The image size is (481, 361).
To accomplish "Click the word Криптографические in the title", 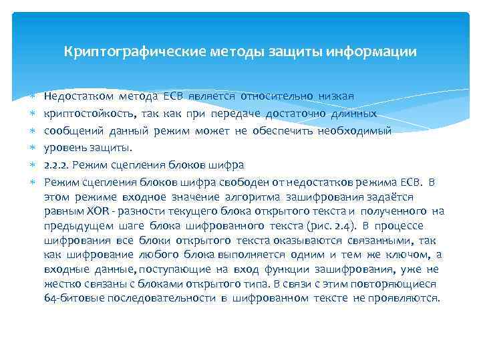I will [x=122, y=51].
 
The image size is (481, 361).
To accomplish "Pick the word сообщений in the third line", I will [x=71, y=131].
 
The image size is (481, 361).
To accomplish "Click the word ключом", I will [x=408, y=255].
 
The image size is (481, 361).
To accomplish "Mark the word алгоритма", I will [x=254, y=197].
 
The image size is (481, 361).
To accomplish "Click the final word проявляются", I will [x=408, y=299].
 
